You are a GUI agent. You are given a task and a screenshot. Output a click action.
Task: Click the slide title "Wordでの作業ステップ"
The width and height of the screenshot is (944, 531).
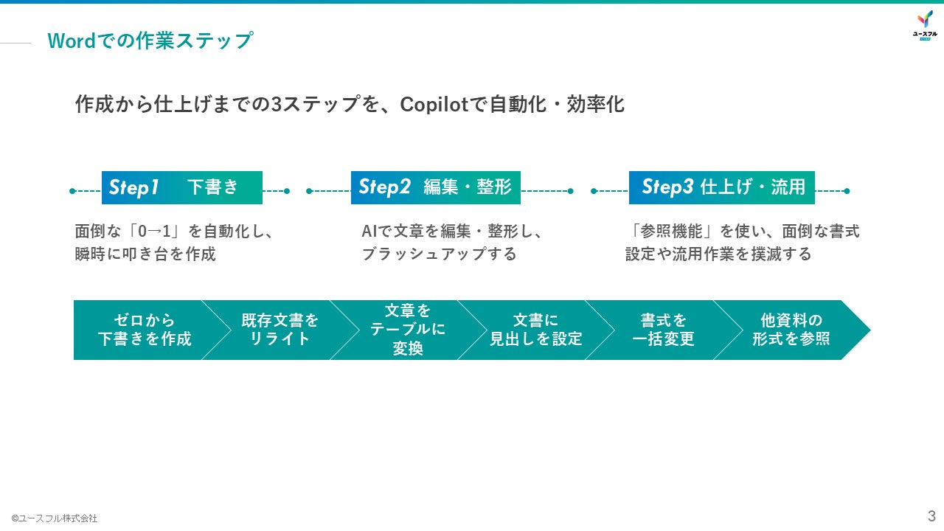[x=150, y=41]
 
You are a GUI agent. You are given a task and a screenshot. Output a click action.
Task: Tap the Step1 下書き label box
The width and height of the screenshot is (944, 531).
[x=181, y=187]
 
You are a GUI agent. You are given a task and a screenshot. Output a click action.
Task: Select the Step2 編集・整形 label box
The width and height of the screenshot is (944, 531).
[x=435, y=187]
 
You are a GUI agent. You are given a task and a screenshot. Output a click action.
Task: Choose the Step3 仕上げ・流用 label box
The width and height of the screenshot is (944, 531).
[x=721, y=187]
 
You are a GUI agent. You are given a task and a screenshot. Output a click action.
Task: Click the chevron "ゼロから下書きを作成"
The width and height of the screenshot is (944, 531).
[x=142, y=330]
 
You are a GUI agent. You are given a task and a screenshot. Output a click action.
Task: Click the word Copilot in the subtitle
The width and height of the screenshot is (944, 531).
[x=434, y=105]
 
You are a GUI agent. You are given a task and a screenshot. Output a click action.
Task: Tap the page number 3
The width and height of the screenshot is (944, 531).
[x=931, y=515]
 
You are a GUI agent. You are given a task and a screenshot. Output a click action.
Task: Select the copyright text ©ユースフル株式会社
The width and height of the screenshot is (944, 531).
[x=54, y=518]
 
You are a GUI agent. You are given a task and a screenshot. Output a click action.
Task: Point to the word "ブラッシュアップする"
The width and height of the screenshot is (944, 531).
[x=439, y=254]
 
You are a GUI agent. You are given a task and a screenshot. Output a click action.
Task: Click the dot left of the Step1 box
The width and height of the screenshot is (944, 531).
[x=72, y=191]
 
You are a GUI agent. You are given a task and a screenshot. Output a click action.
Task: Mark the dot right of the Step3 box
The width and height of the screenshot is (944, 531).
[x=847, y=191]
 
